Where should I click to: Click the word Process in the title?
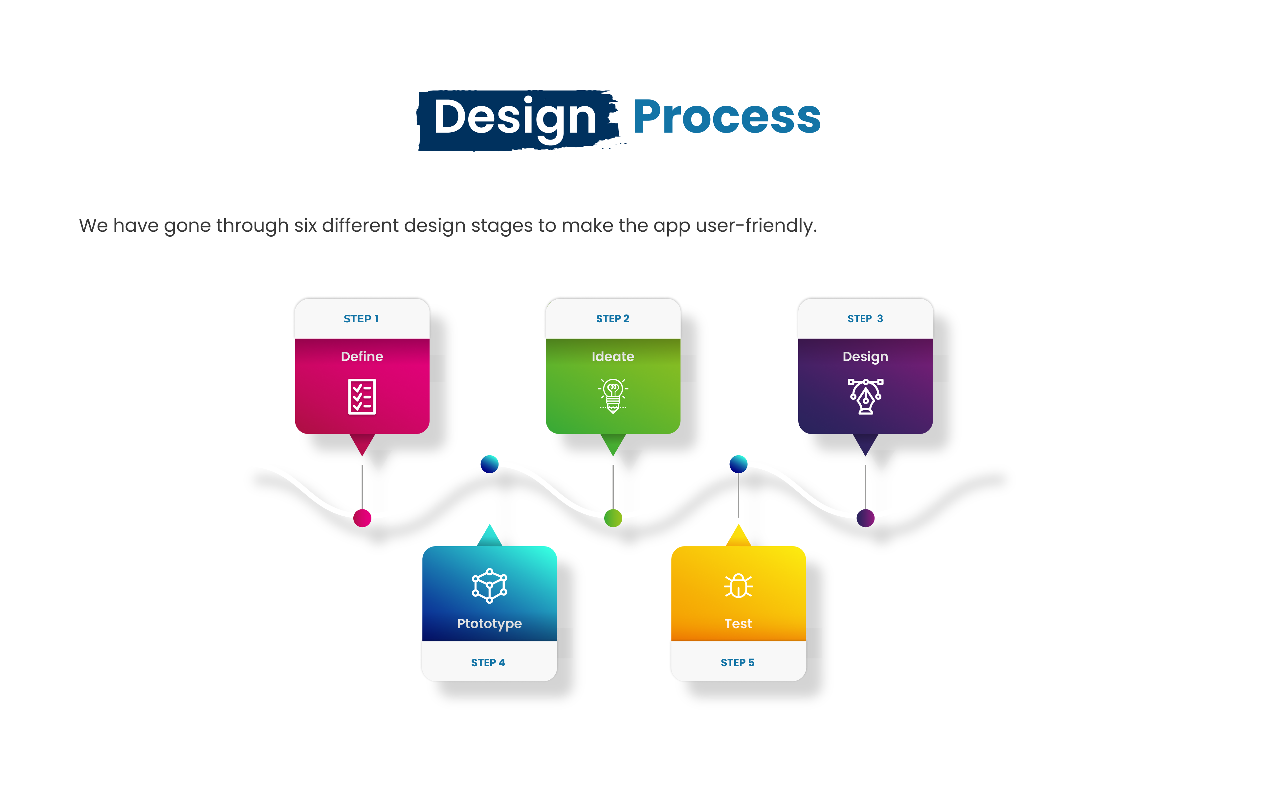click(727, 117)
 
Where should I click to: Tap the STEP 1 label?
click(361, 319)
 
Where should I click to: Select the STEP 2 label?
click(613, 319)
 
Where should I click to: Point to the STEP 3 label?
click(865, 319)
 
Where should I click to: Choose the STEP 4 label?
click(488, 663)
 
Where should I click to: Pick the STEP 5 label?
click(737, 663)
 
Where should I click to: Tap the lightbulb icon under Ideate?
click(613, 396)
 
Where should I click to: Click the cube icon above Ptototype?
click(490, 586)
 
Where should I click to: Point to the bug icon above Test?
click(739, 585)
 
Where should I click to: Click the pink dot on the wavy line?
click(363, 518)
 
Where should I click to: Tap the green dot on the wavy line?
click(613, 518)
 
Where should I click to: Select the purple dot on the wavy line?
click(866, 518)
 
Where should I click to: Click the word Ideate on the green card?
click(613, 356)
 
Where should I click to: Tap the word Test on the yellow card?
click(739, 623)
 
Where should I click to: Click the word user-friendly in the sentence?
click(756, 225)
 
